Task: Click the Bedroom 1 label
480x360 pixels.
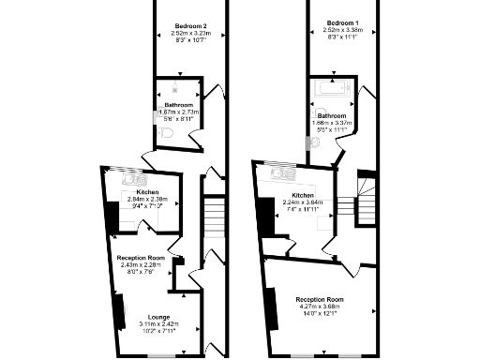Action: coord(342,22)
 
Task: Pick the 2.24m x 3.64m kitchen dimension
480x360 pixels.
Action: coord(303,201)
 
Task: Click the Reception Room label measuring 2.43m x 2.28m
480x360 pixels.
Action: coord(141,258)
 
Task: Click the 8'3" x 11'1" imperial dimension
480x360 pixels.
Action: coord(342,38)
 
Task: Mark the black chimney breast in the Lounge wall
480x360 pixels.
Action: coord(119,309)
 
